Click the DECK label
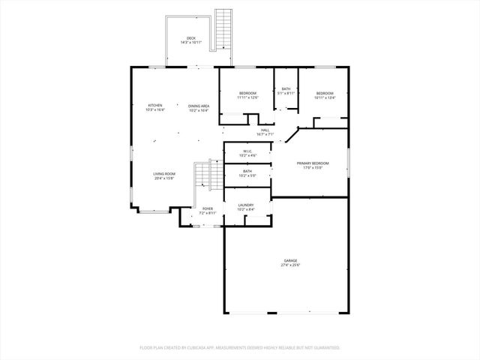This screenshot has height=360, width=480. point(191,37)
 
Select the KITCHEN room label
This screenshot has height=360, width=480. point(155,106)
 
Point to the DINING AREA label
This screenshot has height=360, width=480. point(199,106)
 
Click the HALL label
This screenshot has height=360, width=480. point(265,130)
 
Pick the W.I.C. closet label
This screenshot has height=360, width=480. point(247,151)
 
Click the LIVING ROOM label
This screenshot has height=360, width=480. point(164,174)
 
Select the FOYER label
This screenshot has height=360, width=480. point(208,208)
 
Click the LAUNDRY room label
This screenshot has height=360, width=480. point(246,205)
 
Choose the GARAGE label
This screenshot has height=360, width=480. point(290,260)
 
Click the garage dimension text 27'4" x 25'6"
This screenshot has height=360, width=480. point(290,265)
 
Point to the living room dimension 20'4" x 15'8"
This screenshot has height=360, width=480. point(164,178)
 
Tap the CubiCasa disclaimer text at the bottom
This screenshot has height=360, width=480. point(240,347)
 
